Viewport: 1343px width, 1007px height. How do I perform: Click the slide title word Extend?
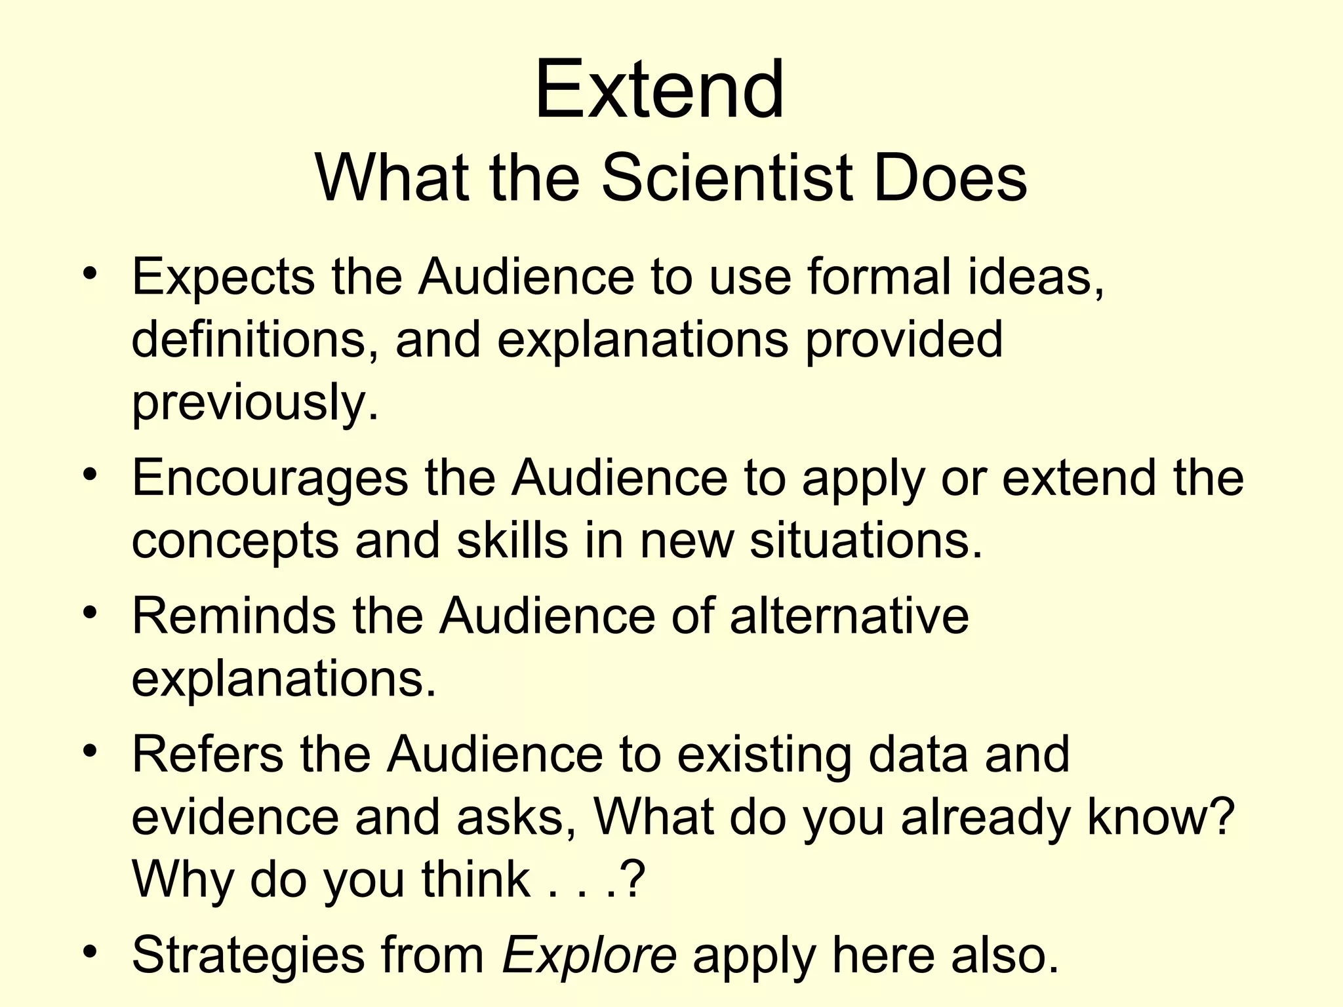click(x=659, y=90)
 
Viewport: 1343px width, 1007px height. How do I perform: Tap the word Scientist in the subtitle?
click(x=727, y=178)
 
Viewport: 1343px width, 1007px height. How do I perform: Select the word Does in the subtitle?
click(x=950, y=178)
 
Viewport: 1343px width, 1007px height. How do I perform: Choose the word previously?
click(x=255, y=402)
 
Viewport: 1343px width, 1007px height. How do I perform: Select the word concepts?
click(x=235, y=542)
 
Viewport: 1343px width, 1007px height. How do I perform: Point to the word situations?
click(x=866, y=541)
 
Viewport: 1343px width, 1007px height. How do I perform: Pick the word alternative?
click(x=849, y=616)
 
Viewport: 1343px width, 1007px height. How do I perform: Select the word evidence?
click(x=235, y=817)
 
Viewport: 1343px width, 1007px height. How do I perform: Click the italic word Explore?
click(x=589, y=955)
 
